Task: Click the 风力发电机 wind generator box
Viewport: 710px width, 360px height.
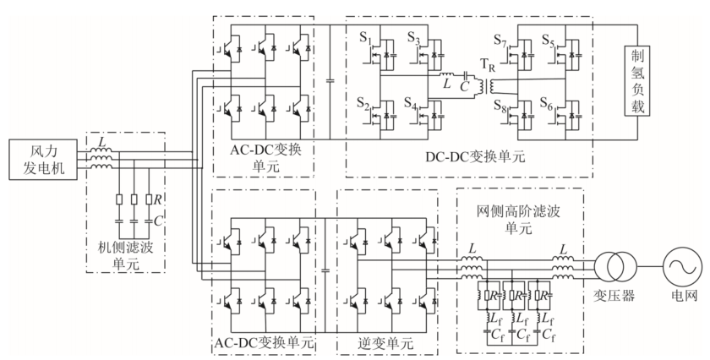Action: click(43, 160)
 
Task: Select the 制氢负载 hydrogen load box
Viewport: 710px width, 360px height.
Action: click(637, 80)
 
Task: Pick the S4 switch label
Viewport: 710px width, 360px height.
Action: click(411, 104)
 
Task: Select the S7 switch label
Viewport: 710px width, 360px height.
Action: click(500, 41)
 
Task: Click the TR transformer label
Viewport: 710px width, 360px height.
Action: click(488, 66)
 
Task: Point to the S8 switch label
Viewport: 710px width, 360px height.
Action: click(500, 106)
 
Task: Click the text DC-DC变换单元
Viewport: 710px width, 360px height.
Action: click(475, 156)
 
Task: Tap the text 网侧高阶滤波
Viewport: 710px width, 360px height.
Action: click(518, 211)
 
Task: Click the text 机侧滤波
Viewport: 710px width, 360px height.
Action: click(126, 248)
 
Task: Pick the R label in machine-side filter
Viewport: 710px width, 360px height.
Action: click(157, 199)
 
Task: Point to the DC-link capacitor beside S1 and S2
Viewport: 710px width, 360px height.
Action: click(330, 80)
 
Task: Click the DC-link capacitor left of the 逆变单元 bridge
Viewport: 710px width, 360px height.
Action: click(325, 270)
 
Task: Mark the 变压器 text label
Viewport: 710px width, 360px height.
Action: click(614, 296)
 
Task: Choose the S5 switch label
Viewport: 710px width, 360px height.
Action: click(549, 41)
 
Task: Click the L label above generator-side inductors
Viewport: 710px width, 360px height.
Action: click(102, 142)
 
